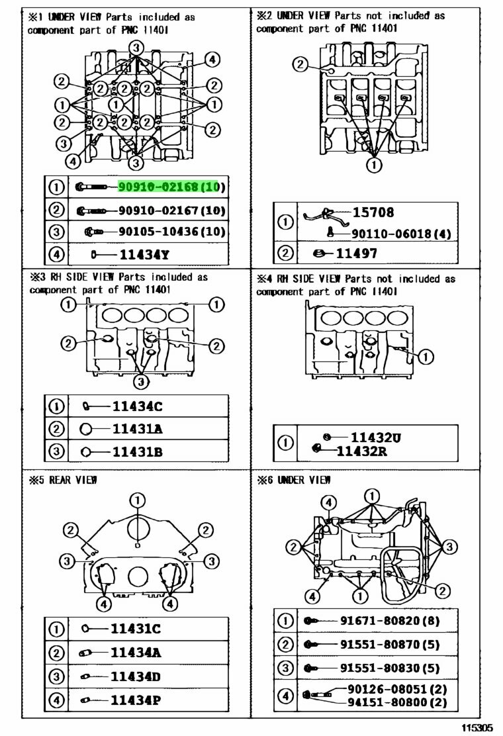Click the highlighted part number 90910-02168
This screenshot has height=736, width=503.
click(158, 187)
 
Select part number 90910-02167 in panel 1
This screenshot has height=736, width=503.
click(158, 210)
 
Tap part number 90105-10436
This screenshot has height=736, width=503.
click(158, 232)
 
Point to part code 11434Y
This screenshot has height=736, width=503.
click(144, 255)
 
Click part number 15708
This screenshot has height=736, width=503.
click(373, 212)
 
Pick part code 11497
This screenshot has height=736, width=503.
click(356, 253)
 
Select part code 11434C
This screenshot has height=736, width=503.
click(137, 406)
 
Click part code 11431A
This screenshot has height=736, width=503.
click(137, 429)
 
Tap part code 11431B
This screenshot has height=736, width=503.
click(137, 452)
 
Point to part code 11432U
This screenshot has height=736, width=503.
click(376, 438)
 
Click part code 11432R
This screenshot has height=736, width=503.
click(361, 451)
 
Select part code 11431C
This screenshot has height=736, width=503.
click(136, 629)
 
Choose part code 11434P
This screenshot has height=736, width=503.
click(136, 701)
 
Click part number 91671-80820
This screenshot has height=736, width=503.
click(380, 621)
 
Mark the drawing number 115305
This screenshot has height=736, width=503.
click(477, 728)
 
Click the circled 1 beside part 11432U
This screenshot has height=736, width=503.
click(285, 443)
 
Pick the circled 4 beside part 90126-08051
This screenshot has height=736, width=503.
click(285, 696)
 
